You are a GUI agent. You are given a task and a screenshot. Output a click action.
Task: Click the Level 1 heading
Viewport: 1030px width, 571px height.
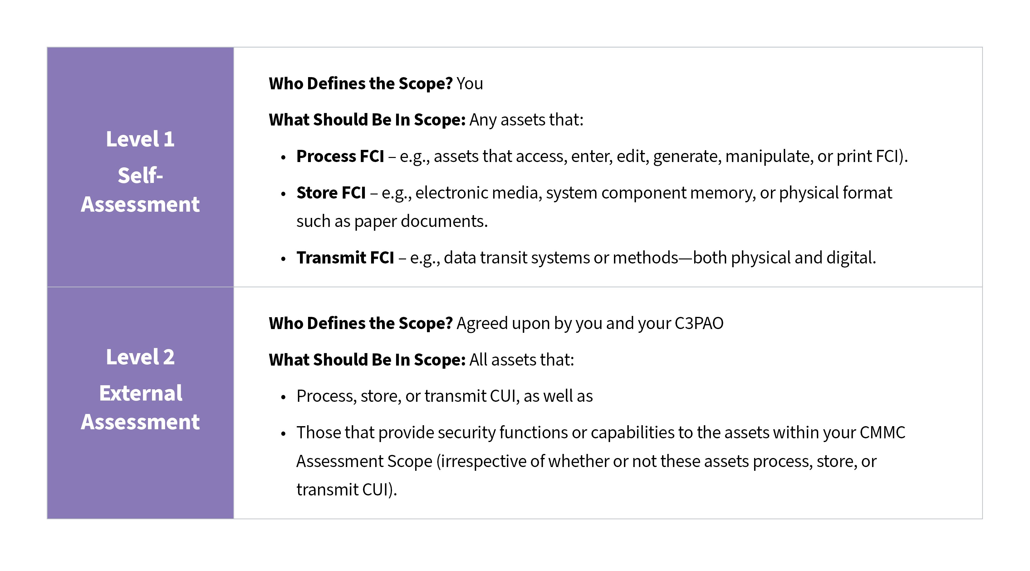[x=140, y=139]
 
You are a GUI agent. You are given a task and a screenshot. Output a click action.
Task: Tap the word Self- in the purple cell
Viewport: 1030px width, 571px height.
[x=140, y=175]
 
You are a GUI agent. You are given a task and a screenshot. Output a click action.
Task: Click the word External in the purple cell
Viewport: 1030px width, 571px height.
[x=141, y=393]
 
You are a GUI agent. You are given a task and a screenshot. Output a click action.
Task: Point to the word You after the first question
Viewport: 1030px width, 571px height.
[x=470, y=84]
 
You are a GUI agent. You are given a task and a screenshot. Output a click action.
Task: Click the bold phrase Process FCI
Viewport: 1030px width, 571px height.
[x=340, y=156]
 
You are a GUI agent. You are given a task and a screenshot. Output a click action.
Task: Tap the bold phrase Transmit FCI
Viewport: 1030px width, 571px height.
[x=345, y=258]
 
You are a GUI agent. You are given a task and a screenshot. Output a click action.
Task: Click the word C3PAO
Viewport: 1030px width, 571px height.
[x=699, y=323]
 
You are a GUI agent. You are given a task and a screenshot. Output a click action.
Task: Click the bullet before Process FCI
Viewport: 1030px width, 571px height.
[x=283, y=157]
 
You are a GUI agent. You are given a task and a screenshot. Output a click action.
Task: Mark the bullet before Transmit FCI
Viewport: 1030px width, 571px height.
[x=283, y=259]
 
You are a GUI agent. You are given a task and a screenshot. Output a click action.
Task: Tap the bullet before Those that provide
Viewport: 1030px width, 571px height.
[x=283, y=433]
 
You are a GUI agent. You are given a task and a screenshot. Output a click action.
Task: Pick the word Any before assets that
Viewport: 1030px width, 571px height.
[x=483, y=120]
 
